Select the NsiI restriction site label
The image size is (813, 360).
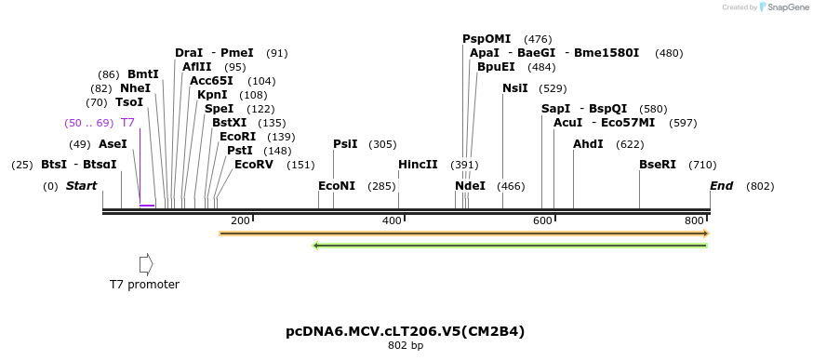pyautogui.click(x=514, y=88)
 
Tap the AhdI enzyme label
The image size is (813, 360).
pyautogui.click(x=588, y=144)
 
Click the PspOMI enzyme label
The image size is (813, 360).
pyautogui.click(x=486, y=39)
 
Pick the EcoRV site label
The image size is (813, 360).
pyautogui.click(x=254, y=165)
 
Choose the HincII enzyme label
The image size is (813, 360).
pyautogui.click(x=418, y=165)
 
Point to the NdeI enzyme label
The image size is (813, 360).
pyautogui.click(x=470, y=186)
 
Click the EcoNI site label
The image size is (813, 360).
pyautogui.click(x=337, y=186)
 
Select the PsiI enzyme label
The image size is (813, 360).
pyautogui.click(x=345, y=144)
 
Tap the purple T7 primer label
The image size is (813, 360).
pyautogui.click(x=128, y=123)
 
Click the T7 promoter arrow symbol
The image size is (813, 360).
pyautogui.click(x=145, y=264)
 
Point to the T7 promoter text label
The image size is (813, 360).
pyautogui.click(x=144, y=285)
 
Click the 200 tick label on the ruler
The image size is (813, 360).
pyautogui.click(x=240, y=220)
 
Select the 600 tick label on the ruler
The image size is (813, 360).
pyautogui.click(x=542, y=220)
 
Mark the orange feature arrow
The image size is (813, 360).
pyautogui.click(x=464, y=233)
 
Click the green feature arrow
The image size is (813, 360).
pyautogui.click(x=511, y=246)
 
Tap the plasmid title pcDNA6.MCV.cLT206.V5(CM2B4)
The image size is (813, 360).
pyautogui.click(x=406, y=331)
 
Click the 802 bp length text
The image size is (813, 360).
pyautogui.click(x=406, y=346)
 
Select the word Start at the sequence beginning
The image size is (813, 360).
pyautogui.click(x=81, y=186)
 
